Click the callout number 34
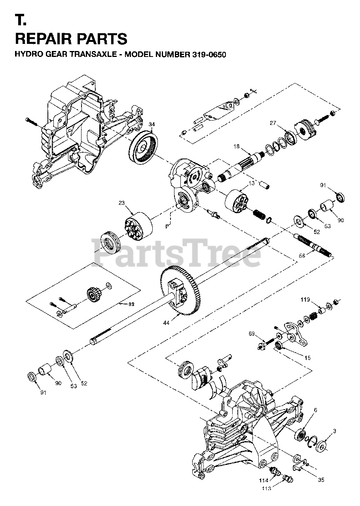152,125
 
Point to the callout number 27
273,123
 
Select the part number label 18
236,146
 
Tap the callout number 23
121,203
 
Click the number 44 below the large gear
166,323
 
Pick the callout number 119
305,300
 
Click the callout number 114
263,481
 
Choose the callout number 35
320,480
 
